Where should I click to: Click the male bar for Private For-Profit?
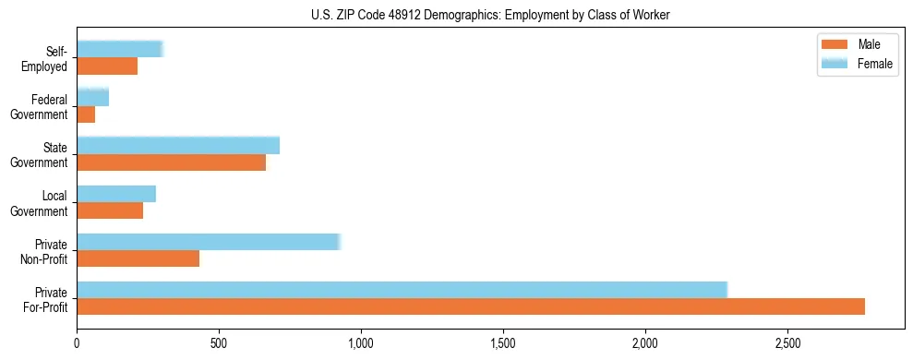point(471,306)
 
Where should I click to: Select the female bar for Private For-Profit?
point(402,289)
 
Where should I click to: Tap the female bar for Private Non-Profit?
point(209,242)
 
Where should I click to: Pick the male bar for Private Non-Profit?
point(138,258)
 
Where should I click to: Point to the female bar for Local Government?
point(116,194)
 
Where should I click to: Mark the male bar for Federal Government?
point(86,114)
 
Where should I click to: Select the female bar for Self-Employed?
point(120,49)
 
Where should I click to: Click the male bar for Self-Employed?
point(107,66)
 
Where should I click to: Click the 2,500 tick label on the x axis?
point(787,343)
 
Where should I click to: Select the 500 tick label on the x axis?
point(219,343)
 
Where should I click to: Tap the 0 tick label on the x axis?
point(77,343)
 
